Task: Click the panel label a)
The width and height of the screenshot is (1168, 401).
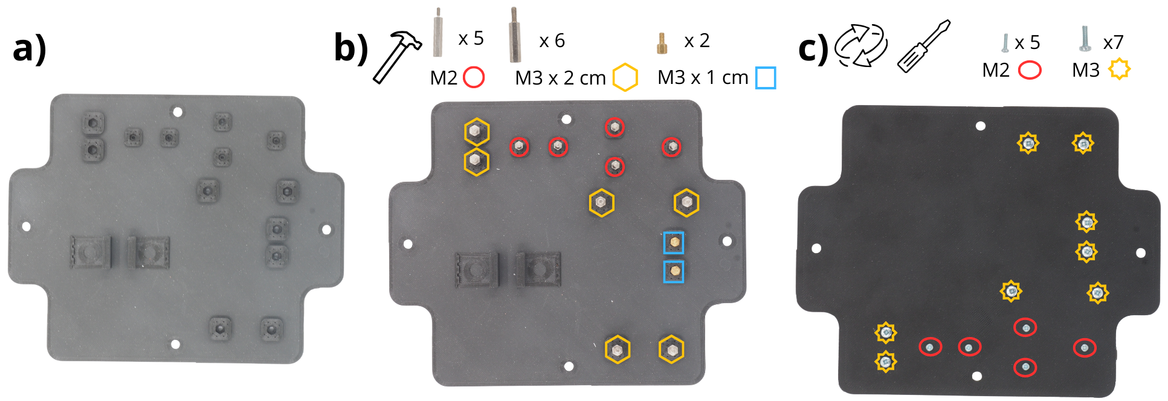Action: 29,48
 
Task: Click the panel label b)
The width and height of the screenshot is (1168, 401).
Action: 351,48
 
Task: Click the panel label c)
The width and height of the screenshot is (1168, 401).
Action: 813,48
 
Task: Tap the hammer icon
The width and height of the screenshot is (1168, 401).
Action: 397,57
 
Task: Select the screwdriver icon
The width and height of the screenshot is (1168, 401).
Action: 924,46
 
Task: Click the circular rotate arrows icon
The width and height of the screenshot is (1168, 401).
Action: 861,45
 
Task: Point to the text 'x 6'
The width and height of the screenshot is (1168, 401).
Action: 552,40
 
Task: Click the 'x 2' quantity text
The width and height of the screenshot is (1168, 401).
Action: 697,40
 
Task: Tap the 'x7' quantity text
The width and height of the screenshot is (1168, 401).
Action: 1113,42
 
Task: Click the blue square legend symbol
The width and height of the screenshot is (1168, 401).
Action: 766,78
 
